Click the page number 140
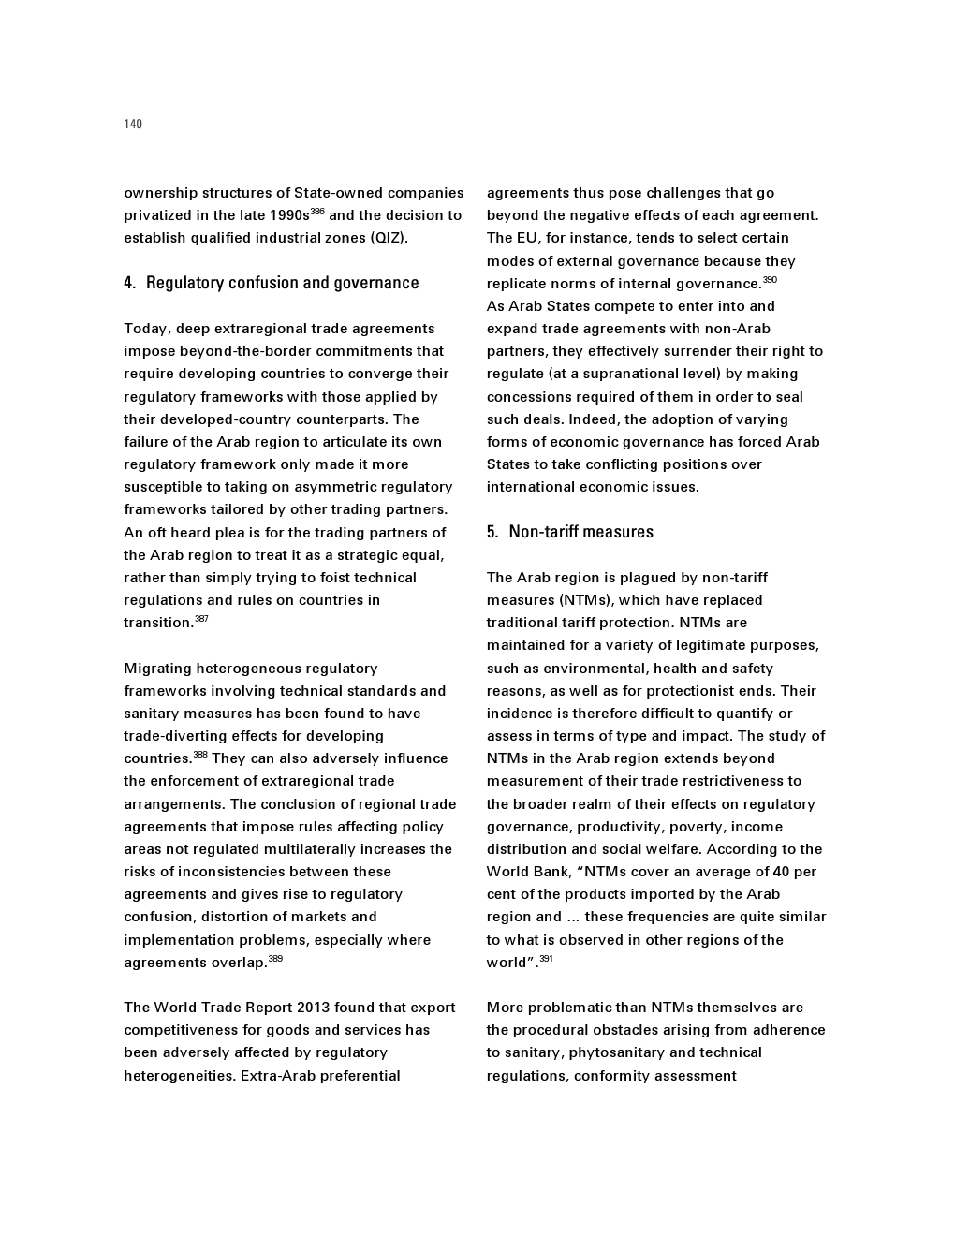pos(133,125)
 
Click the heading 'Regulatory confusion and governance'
pos(282,283)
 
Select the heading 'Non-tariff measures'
pos(580,532)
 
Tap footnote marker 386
pos(317,212)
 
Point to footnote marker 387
pos(201,619)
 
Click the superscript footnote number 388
pos(200,755)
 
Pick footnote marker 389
pos(275,959)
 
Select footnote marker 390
pos(770,280)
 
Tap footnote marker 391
pos(546,959)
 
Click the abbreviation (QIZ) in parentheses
pos(389,238)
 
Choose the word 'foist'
pos(333,578)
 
